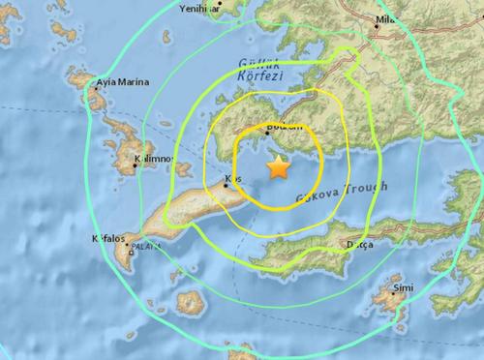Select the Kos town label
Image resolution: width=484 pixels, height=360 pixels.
coord(231,178)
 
